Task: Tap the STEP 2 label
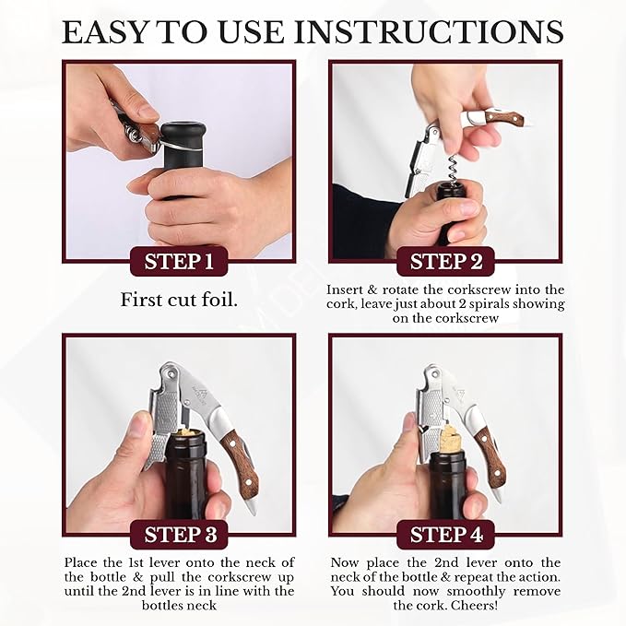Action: [446, 262]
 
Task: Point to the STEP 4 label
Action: [446, 535]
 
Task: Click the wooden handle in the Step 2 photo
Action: [505, 117]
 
